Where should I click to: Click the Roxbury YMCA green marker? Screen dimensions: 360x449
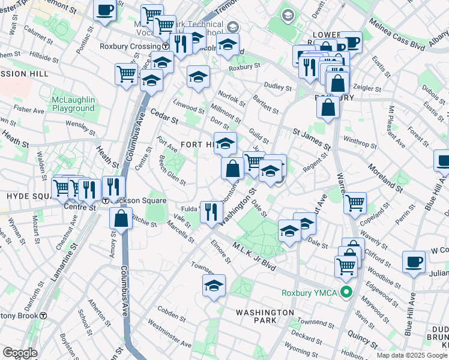coord(346,293)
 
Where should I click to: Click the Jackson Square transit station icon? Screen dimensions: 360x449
coord(105,200)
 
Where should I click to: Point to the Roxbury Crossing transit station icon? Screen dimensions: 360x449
coord(165,46)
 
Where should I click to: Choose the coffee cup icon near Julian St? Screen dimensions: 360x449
coord(414,262)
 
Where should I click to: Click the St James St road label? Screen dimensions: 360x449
coord(312,139)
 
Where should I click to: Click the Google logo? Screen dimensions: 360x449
coord(20,353)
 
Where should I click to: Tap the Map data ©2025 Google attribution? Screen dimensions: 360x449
coord(412,355)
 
